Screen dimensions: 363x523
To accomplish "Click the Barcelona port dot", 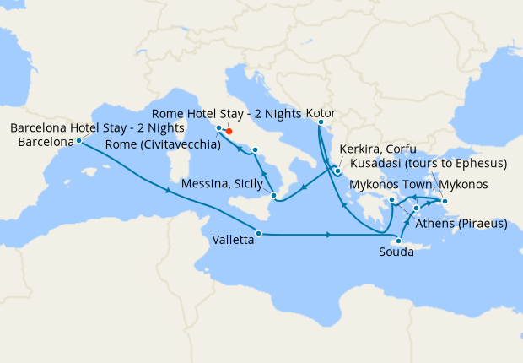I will pyautogui.click(x=78, y=141).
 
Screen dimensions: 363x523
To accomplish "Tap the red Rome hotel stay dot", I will pyautogui.click(x=229, y=132).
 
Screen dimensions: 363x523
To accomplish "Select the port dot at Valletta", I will pyautogui.click(x=259, y=233).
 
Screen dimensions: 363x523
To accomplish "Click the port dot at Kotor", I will pyautogui.click(x=320, y=122).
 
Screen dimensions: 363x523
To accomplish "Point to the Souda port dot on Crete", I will pyautogui.click(x=399, y=241).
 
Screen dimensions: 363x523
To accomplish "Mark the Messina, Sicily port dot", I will pyautogui.click(x=273, y=196).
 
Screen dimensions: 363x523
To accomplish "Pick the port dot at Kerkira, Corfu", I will pyautogui.click(x=337, y=171).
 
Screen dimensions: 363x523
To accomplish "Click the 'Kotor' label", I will pyautogui.click(x=321, y=111).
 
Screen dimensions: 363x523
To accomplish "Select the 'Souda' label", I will pyautogui.click(x=396, y=252).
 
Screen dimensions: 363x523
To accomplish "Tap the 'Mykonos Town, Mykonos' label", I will pyautogui.click(x=418, y=184).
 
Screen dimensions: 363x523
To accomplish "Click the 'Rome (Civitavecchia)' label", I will pyautogui.click(x=163, y=144).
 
